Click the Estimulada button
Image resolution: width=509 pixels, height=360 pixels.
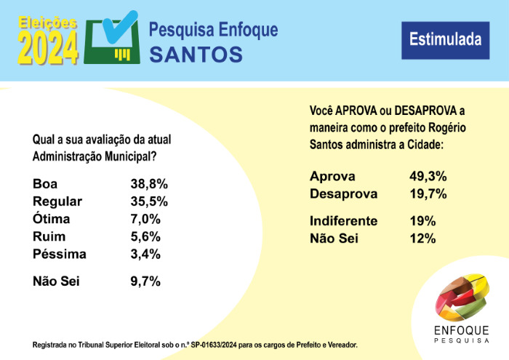441,39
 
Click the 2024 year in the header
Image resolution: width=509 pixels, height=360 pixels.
48,49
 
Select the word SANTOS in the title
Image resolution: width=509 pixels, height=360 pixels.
196,55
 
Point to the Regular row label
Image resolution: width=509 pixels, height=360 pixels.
58,201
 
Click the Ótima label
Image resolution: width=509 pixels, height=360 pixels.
53,220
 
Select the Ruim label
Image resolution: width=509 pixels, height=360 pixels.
49,237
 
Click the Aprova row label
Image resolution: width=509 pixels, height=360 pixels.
332,177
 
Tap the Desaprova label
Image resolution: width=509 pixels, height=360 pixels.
343,194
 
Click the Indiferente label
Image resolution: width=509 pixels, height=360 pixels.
343,221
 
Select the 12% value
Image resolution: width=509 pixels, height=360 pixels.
422,239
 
